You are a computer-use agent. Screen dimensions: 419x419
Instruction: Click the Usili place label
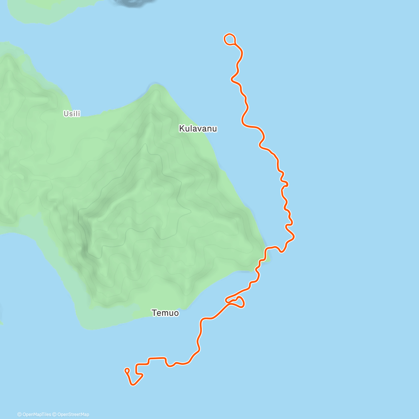[72, 113]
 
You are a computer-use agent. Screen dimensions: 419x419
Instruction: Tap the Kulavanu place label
[198, 128]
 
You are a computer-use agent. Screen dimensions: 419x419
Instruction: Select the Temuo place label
[165, 313]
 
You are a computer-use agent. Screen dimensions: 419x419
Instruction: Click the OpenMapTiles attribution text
[37, 414]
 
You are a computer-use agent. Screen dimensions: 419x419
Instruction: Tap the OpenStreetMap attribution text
[73, 414]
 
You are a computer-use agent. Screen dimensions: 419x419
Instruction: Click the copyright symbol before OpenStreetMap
[54, 414]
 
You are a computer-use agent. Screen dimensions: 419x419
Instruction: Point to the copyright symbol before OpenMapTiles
[20, 414]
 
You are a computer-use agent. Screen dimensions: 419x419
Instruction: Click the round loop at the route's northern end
[229, 39]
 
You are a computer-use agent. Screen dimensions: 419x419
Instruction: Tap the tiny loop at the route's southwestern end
[127, 370]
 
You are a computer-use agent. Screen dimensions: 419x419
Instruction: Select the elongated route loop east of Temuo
[235, 302]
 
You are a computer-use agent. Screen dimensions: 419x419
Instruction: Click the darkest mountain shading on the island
[84, 248]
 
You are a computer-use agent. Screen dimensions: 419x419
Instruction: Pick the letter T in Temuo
[154, 313]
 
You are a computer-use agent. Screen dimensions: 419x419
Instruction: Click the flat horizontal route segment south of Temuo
[157, 358]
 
